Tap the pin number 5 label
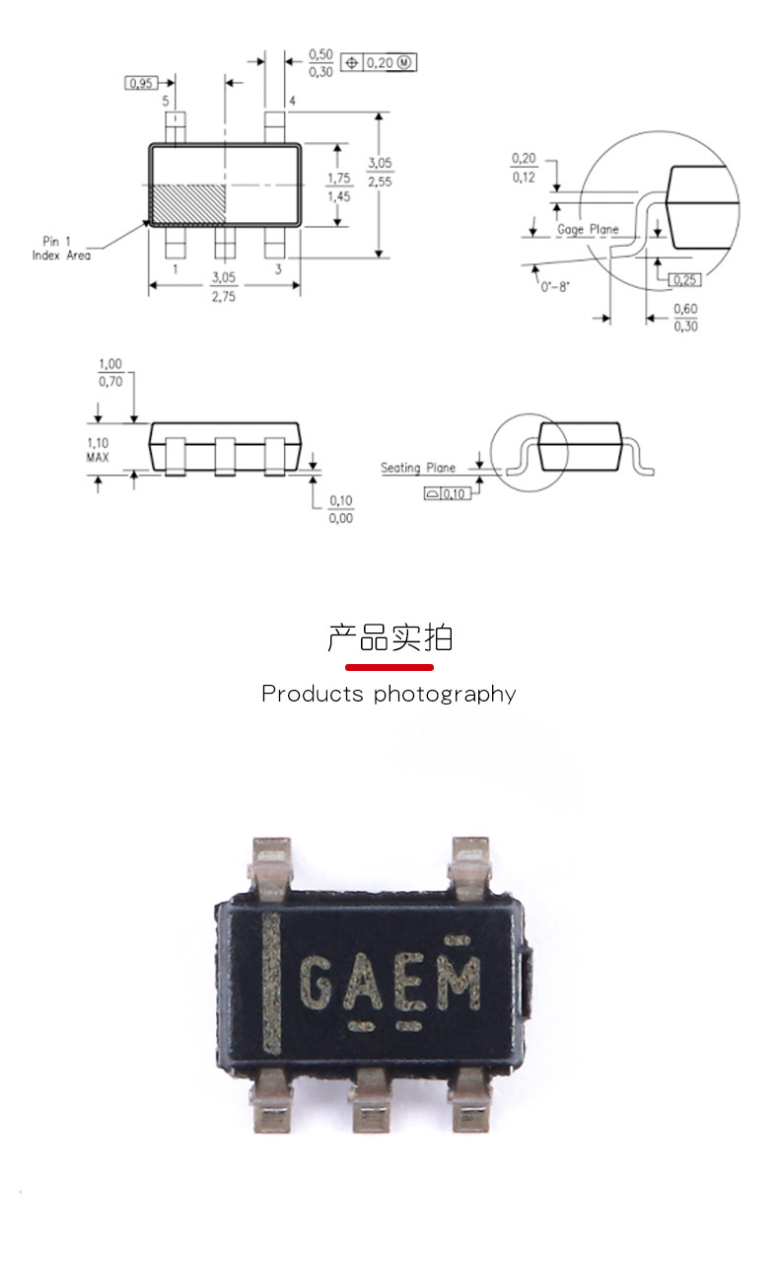point(165,102)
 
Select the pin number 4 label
point(292,102)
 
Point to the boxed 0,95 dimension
point(141,83)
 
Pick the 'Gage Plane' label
point(588,230)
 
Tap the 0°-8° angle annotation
point(556,286)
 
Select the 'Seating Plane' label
point(418,468)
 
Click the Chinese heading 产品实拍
point(389,638)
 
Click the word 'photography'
point(445,695)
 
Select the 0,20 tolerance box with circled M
point(380,63)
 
